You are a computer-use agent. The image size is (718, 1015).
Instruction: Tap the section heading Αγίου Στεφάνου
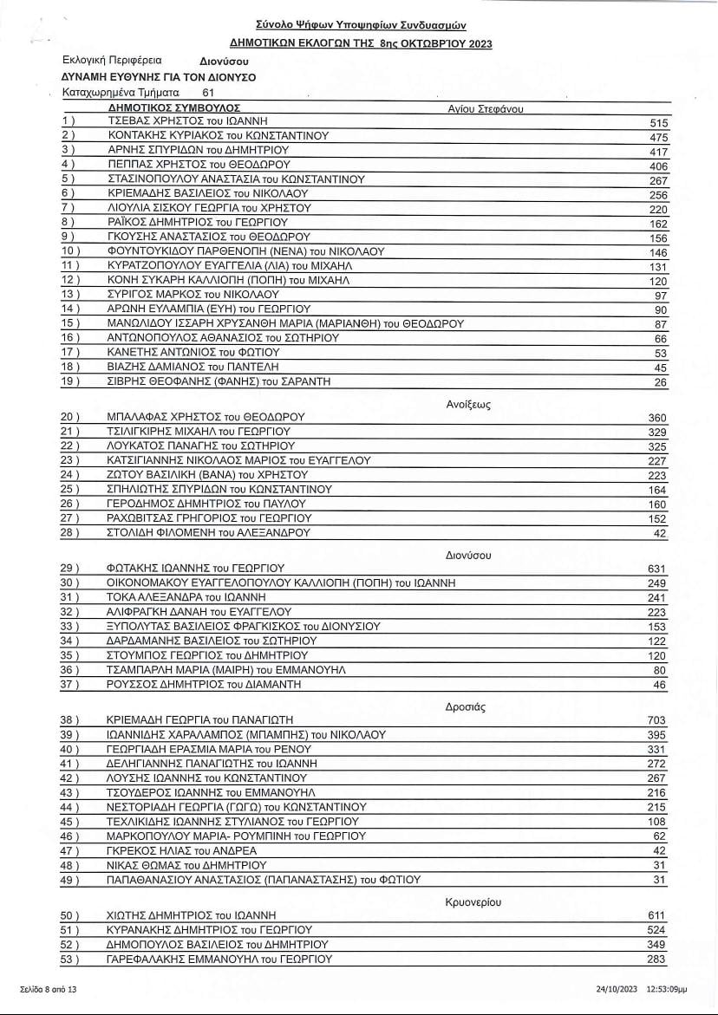pyautogui.click(x=486, y=108)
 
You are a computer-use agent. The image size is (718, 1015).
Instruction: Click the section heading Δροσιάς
pyautogui.click(x=465, y=706)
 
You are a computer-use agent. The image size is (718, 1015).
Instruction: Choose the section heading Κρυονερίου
pyautogui.click(x=473, y=901)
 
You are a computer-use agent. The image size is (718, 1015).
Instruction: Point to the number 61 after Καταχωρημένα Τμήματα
pyautogui.click(x=208, y=91)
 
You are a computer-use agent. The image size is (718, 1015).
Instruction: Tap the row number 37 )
pyautogui.click(x=69, y=685)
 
